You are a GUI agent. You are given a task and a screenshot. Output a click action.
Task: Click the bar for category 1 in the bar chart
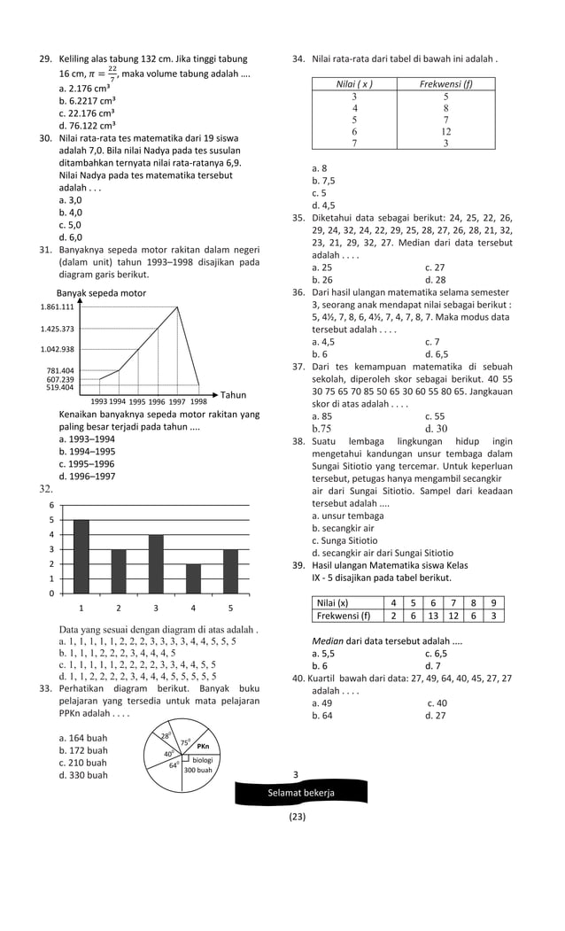click(x=81, y=555)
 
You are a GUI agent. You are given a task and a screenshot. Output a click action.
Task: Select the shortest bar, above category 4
click(x=193, y=578)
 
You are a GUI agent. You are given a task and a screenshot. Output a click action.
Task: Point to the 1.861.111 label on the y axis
click(x=58, y=306)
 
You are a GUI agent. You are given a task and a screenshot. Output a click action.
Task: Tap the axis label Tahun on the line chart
click(x=233, y=395)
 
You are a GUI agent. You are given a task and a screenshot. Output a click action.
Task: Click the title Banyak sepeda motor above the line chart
click(x=101, y=292)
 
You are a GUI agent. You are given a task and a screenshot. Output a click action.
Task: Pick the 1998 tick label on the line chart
click(x=198, y=401)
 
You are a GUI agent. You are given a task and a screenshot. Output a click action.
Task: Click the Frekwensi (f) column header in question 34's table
click(x=445, y=84)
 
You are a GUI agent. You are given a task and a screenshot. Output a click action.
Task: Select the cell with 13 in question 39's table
click(x=433, y=616)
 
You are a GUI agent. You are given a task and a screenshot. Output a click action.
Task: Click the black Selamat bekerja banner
click(x=301, y=793)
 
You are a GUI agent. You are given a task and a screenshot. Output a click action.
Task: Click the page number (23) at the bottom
click(x=297, y=817)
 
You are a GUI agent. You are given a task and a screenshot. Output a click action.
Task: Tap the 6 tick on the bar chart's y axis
click(x=50, y=505)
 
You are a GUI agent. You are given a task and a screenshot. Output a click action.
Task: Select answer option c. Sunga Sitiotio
click(x=348, y=540)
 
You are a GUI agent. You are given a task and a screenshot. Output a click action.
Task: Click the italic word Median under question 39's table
click(x=328, y=641)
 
